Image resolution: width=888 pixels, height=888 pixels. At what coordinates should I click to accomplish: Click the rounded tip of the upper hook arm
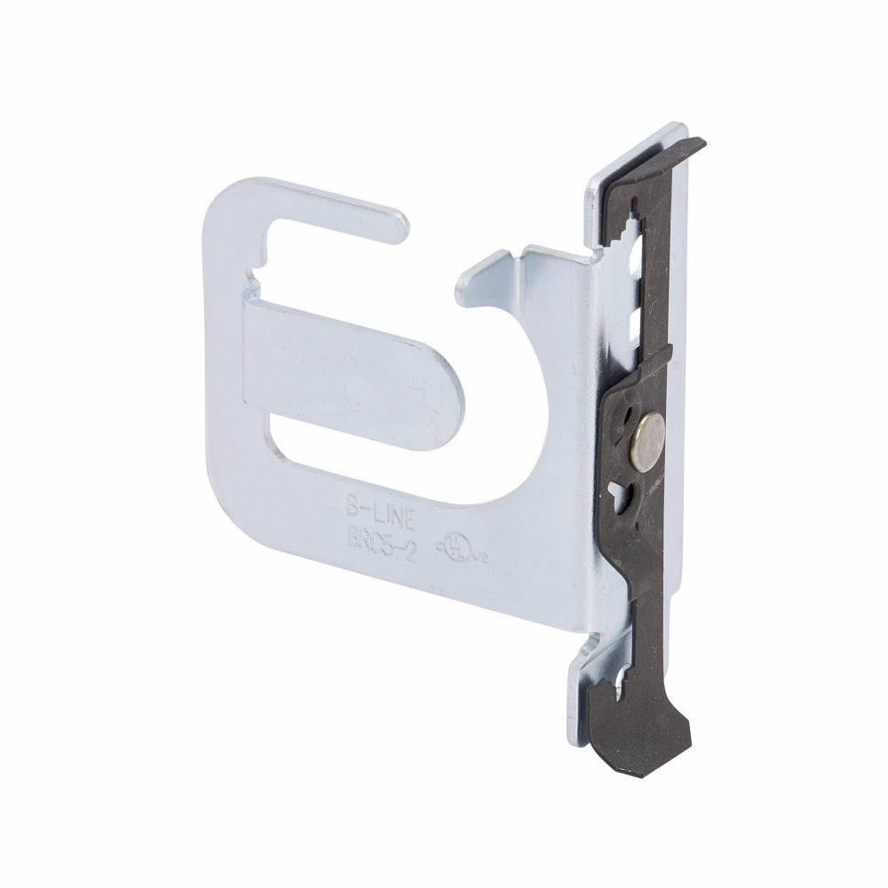[x=398, y=226]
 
